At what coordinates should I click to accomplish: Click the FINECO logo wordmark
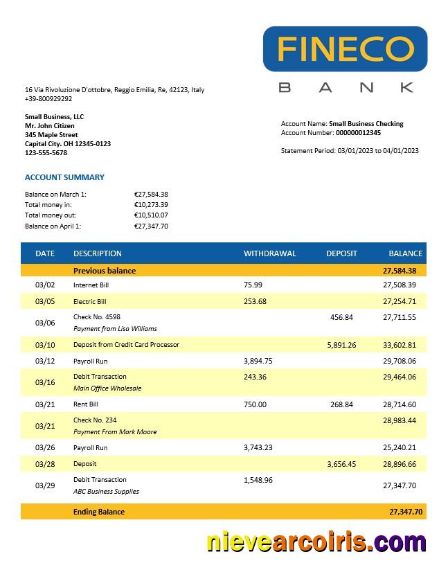click(345, 48)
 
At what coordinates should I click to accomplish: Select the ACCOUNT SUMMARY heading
click(64, 177)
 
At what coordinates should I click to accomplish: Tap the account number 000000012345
click(358, 133)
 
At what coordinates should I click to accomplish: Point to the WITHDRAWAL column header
click(269, 253)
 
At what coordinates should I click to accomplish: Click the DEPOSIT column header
click(341, 253)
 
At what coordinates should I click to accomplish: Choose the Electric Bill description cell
click(90, 302)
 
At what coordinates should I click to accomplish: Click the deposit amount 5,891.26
click(341, 345)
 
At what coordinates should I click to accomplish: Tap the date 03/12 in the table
click(44, 361)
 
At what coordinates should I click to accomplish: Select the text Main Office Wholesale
click(107, 388)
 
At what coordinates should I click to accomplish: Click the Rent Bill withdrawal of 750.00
click(255, 404)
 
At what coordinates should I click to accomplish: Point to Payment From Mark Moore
click(115, 432)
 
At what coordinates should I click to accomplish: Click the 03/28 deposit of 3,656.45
click(341, 464)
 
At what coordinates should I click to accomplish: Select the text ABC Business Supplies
click(106, 492)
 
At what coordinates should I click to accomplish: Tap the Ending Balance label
click(99, 512)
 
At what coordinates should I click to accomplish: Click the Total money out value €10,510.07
click(151, 215)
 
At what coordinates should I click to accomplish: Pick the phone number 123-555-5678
click(46, 153)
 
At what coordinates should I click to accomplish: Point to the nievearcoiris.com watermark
click(316, 542)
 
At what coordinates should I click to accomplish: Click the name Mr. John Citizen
click(49, 126)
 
